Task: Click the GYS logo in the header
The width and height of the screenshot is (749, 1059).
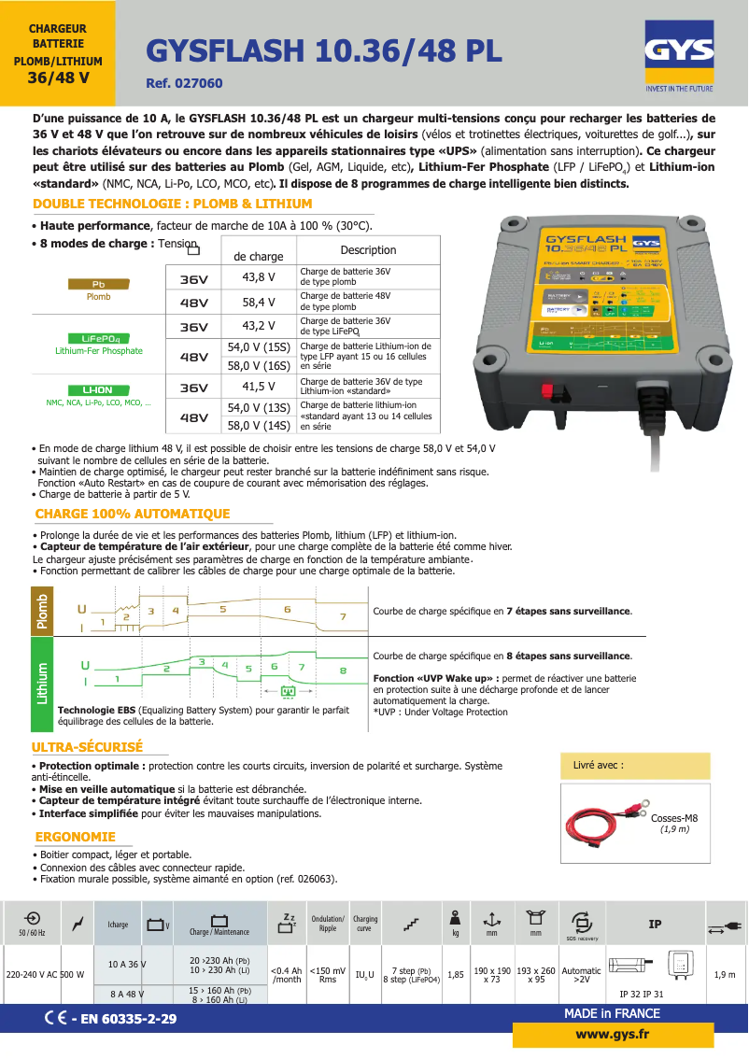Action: (679, 58)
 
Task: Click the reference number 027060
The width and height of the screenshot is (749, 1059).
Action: (185, 83)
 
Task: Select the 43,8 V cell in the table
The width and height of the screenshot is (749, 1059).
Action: (259, 277)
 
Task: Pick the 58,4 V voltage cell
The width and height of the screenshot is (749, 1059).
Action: (259, 302)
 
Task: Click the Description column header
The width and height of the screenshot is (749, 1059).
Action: (368, 250)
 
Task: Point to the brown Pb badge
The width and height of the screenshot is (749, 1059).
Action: (98, 284)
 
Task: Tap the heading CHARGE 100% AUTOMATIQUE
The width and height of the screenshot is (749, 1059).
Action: (132, 515)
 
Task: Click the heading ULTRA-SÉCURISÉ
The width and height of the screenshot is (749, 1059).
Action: (87, 748)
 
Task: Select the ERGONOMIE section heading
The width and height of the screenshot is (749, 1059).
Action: (75, 838)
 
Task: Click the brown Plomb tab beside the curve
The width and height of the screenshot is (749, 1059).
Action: (42, 611)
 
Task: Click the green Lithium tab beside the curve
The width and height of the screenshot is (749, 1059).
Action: (42, 683)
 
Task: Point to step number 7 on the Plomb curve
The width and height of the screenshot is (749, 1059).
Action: (343, 616)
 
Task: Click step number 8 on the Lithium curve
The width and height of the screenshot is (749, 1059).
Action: (343, 671)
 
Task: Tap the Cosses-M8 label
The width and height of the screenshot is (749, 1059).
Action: (674, 818)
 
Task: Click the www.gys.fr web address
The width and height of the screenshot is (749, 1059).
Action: (613, 1034)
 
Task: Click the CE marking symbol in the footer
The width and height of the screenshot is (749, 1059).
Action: (54, 1018)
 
